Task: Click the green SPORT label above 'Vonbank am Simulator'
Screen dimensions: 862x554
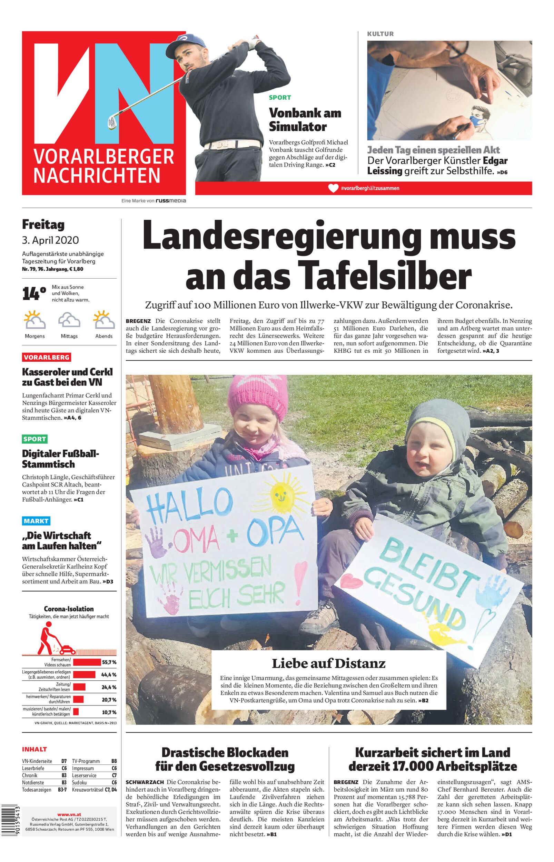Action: [x=280, y=98]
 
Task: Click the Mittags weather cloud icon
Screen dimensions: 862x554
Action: [x=69, y=320]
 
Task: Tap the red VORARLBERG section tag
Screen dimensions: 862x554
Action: [x=47, y=357]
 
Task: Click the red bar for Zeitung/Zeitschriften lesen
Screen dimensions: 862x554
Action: [x=79, y=687]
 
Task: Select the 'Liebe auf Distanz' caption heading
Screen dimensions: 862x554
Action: [x=328, y=663]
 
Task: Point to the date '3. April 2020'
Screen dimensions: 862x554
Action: [x=50, y=240]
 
